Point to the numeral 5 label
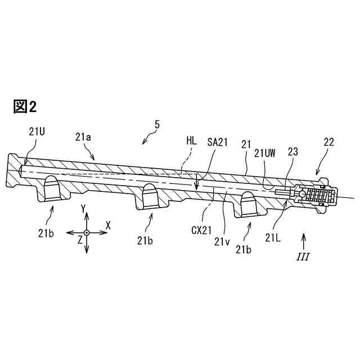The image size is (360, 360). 157,125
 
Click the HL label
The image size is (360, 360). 191,142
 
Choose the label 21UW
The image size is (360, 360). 264,153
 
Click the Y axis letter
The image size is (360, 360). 83,209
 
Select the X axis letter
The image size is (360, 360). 108,225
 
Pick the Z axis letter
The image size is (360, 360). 80,239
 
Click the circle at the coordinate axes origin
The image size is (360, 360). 86,232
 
